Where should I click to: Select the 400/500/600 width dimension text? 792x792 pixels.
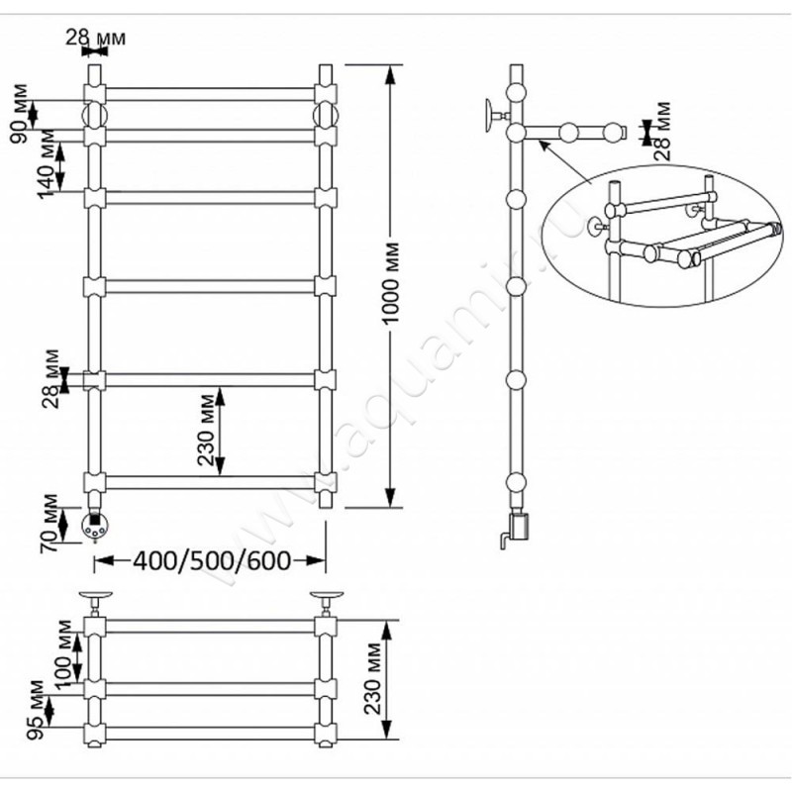point(209,561)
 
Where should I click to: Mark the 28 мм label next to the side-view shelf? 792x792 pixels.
point(661,130)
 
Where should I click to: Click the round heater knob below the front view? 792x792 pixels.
point(95,527)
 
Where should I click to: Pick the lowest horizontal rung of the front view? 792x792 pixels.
point(208,482)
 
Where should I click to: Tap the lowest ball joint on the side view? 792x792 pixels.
point(516,485)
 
